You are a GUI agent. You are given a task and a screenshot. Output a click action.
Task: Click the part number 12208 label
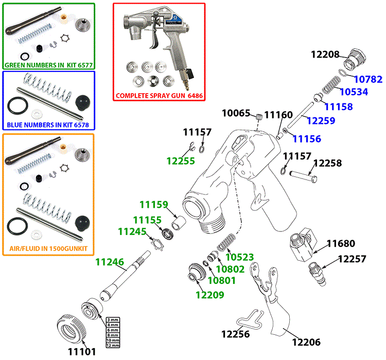[x=326, y=54]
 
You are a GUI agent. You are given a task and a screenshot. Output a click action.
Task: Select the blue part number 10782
[x=367, y=80]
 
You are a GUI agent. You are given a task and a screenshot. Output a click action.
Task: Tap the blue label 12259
[x=321, y=121]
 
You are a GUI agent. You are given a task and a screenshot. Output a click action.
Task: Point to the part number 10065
[x=236, y=113]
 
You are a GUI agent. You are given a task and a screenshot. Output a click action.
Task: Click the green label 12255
[x=181, y=161]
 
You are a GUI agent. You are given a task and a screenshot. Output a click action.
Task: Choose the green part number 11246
[x=110, y=262]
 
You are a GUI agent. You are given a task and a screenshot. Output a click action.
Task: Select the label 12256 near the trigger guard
[x=235, y=334]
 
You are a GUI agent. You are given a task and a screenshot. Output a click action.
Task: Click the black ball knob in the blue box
[x=82, y=103]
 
